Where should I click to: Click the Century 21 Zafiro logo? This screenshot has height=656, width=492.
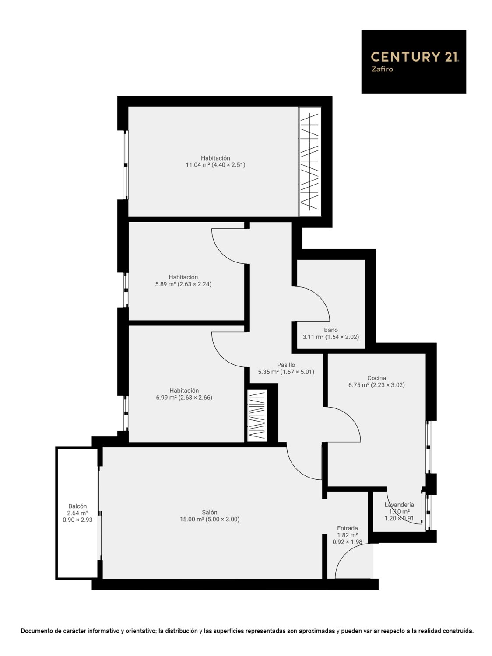point(413,61)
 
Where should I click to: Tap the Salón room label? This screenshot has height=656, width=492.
point(209,512)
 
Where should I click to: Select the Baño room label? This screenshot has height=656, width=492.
point(331,330)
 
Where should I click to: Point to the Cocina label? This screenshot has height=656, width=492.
point(376,378)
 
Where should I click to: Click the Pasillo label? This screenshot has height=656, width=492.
point(286,365)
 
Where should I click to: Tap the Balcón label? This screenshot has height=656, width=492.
point(77,506)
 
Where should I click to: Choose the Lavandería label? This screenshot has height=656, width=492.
point(399,505)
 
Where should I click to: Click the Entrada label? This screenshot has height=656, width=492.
point(347,528)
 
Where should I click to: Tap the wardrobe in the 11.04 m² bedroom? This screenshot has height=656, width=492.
point(309,161)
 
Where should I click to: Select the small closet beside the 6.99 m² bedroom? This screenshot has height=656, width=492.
point(257,416)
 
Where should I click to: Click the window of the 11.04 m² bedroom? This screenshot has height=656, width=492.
point(126,165)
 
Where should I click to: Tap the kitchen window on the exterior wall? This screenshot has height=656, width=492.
point(429,447)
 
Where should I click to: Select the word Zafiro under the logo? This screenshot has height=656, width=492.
point(382,70)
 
